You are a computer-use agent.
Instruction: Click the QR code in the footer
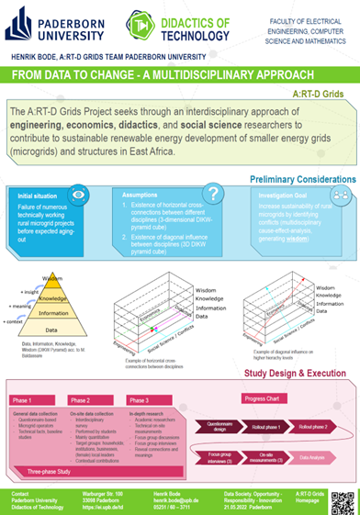[343, 501]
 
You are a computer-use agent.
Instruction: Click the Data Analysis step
[312, 456]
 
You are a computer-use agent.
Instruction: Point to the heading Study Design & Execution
[294, 372]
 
